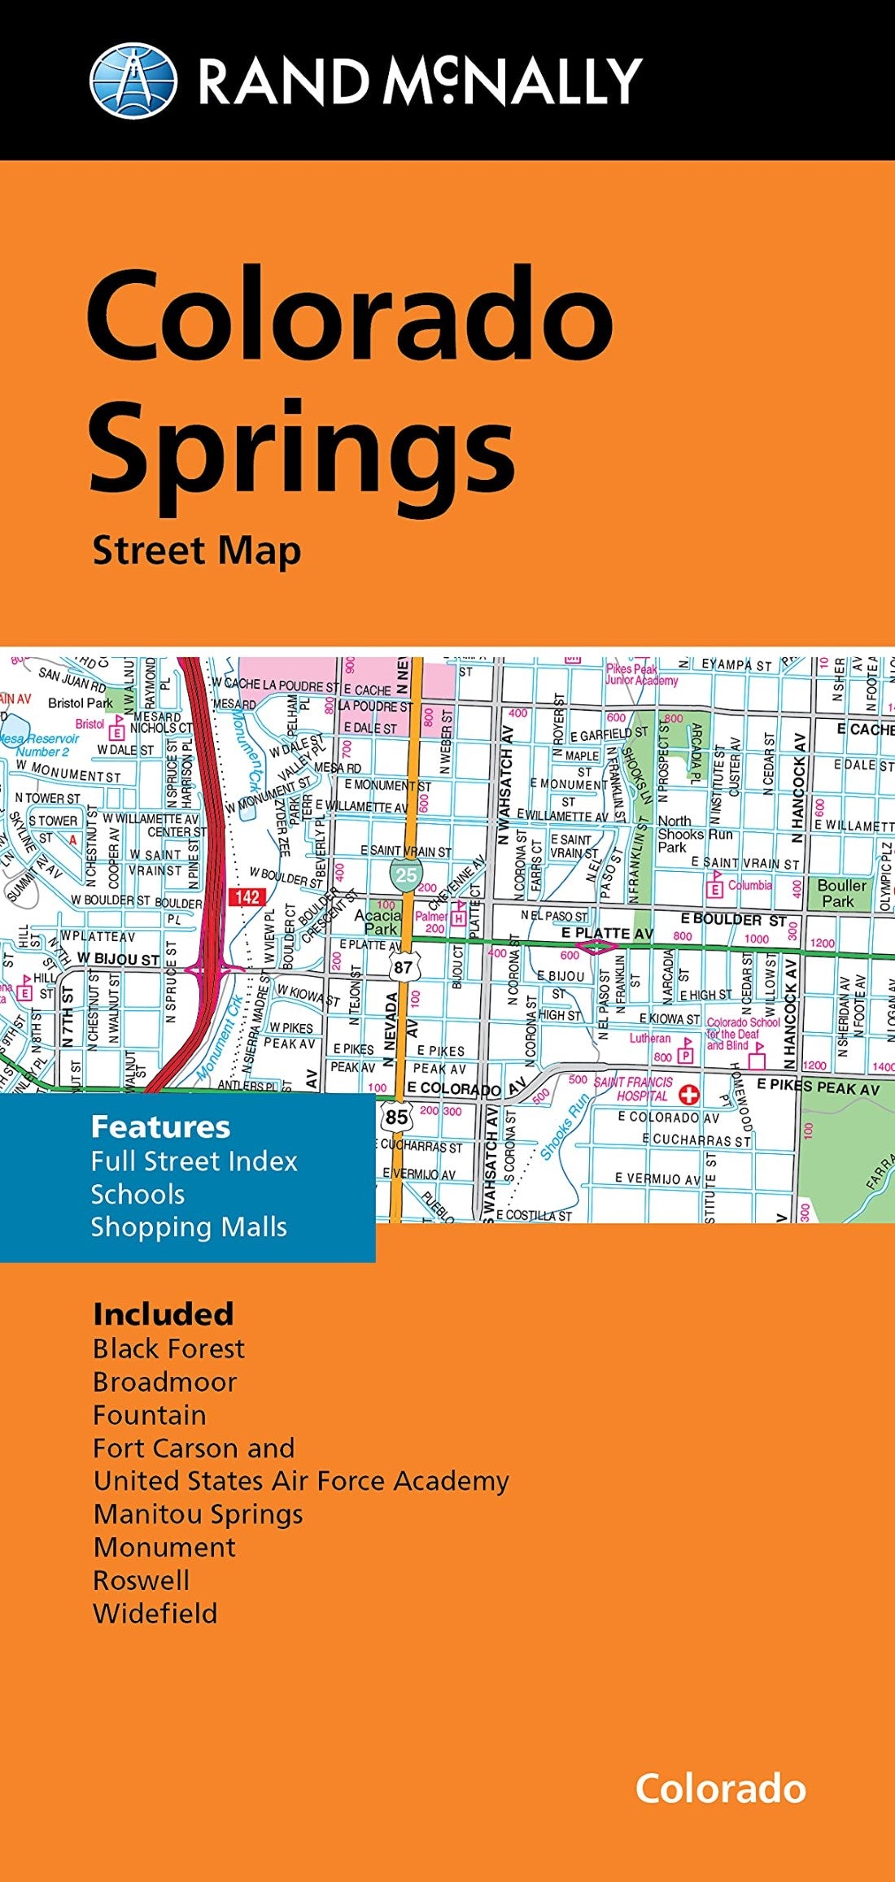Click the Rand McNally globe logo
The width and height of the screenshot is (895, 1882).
(133, 81)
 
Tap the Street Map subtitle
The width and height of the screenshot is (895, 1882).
(197, 551)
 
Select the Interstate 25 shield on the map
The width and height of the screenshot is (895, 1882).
(404, 874)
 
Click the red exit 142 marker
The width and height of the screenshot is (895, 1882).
(247, 896)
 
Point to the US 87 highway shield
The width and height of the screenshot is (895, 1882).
(402, 967)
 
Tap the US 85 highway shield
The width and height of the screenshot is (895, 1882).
(396, 1117)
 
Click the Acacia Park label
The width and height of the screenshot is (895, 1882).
(378, 921)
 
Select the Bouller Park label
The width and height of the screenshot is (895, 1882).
(841, 892)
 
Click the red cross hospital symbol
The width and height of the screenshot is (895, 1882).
(689, 1094)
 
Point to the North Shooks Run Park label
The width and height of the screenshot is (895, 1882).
(694, 834)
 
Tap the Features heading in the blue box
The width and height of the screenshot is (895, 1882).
(160, 1126)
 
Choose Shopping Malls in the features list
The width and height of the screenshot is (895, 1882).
(189, 1226)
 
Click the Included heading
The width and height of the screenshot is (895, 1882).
(163, 1314)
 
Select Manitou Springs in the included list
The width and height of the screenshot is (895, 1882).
(198, 1514)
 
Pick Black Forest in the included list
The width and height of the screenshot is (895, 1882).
(168, 1348)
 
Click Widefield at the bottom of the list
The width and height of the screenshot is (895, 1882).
(155, 1613)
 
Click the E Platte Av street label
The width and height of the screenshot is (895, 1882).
(607, 933)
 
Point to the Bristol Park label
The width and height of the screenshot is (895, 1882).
(81, 703)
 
